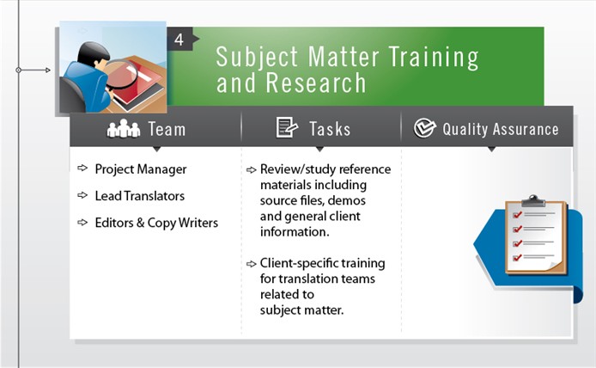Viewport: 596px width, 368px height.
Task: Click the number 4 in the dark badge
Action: point(179,40)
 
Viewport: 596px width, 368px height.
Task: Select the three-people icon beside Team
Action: point(123,130)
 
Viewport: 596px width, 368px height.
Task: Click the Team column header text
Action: point(167,130)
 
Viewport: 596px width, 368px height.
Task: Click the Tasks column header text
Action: point(330,130)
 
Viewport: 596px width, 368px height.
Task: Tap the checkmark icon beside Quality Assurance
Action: point(424,129)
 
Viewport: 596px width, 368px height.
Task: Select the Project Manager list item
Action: point(140,169)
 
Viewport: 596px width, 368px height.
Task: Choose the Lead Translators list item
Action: point(139,196)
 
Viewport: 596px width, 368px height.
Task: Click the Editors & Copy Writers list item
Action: point(156,223)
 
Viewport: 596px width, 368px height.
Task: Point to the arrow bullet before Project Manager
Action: point(82,169)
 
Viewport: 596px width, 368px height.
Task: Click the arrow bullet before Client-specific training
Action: point(251,264)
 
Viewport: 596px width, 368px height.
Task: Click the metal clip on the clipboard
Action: point(533,201)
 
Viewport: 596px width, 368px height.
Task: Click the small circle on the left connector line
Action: point(19,70)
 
